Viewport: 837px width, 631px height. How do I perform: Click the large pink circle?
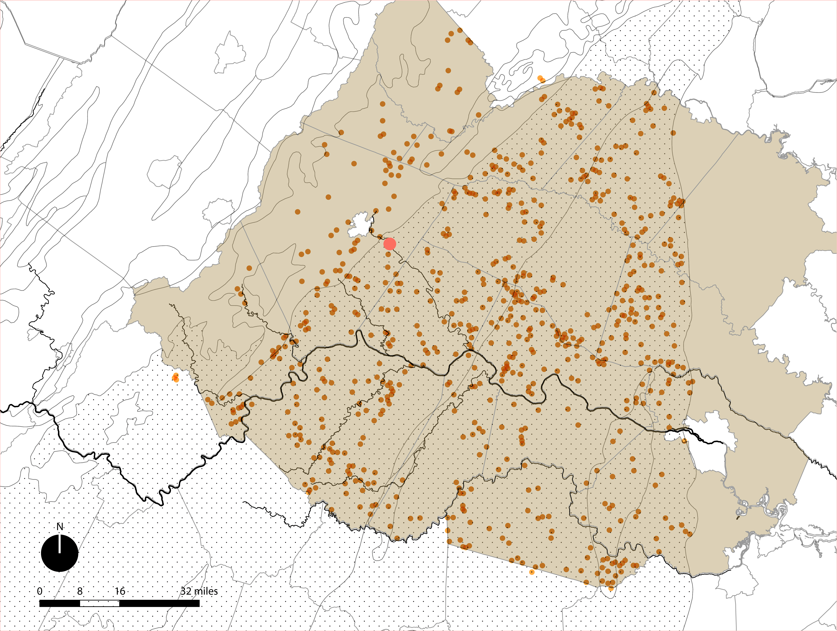coord(390,244)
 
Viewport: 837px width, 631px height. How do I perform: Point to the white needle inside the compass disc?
coord(60,544)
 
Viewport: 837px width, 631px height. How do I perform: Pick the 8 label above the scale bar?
coord(80,591)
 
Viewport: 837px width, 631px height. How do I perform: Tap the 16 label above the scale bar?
coord(120,591)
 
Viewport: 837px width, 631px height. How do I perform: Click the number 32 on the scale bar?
coord(186,591)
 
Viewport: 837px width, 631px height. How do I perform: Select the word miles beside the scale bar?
coord(205,591)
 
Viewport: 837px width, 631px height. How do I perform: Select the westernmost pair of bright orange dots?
coord(176,377)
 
